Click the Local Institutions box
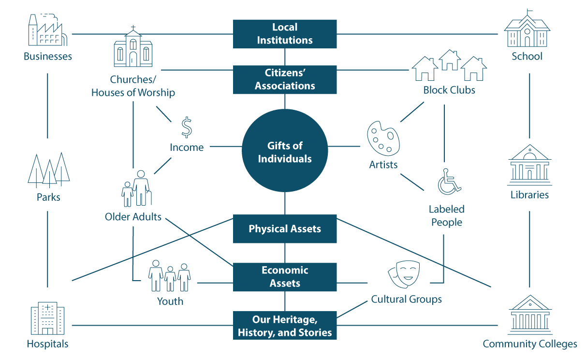285,34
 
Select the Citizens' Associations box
285,79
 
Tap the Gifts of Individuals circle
285,152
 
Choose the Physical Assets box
285,228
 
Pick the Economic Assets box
285,277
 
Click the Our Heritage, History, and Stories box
285,326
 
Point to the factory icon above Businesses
46,30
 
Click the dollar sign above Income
187,127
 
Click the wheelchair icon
449,182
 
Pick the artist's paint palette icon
383,138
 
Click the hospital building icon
47,318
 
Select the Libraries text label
529,195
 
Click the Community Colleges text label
529,344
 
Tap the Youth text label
170,301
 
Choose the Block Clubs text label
449,90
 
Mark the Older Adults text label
133,216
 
